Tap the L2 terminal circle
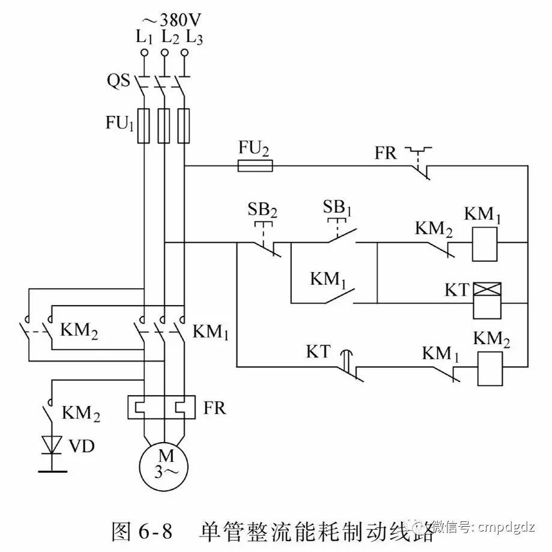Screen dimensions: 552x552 tap(164, 53)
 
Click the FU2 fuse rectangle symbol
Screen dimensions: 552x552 tap(256, 166)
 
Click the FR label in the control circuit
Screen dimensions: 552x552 tap(386, 153)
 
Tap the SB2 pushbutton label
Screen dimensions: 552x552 tap(262, 211)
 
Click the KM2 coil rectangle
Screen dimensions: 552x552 tap(490, 367)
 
